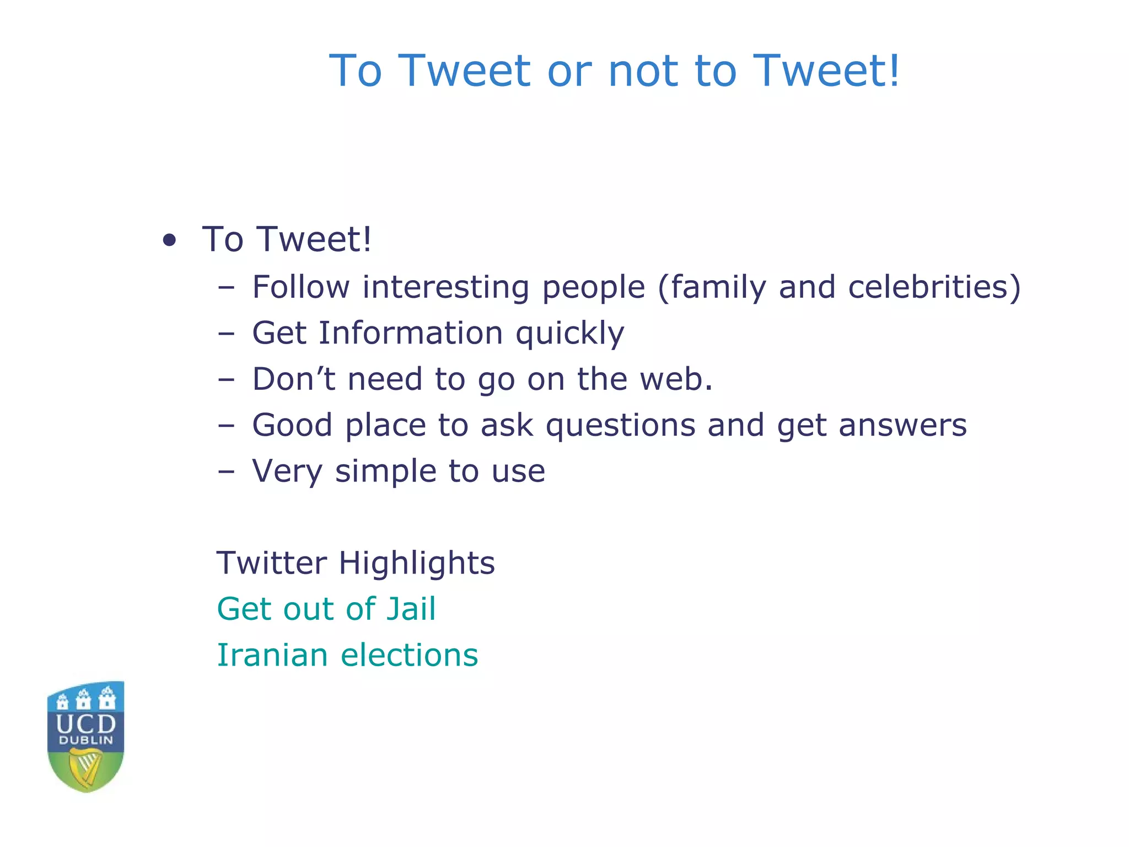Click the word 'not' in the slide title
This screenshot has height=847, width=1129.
[645, 71]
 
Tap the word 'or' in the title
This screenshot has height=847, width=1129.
[569, 72]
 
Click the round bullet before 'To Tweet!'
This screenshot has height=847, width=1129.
[170, 240]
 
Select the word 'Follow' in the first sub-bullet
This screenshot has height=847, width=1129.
[300, 287]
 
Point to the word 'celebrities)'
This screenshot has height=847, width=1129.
[934, 287]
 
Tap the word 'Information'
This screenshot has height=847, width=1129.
[411, 333]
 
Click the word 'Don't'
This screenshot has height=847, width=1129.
[294, 379]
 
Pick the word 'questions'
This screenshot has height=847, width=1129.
[621, 426]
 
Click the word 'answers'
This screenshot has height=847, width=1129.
[902, 426]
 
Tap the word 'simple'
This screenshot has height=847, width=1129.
[385, 472]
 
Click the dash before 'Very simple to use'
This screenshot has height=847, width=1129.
[226, 472]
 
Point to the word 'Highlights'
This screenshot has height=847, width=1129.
[417, 563]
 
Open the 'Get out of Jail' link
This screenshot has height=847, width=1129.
[326, 609]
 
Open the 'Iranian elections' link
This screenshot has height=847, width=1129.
[347, 655]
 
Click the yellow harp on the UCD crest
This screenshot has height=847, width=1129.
[85, 768]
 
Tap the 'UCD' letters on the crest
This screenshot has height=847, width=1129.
[86, 722]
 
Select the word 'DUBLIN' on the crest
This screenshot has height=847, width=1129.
[86, 741]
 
